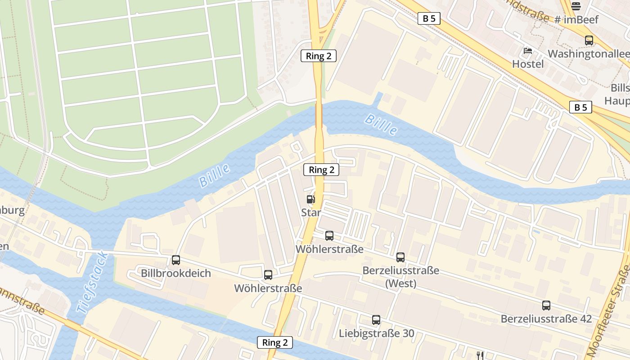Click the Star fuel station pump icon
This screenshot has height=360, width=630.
coord(310,199)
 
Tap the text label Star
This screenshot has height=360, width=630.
coord(311,212)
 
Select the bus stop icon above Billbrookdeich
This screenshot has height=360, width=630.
coord(176,260)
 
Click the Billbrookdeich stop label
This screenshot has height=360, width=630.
coord(176,273)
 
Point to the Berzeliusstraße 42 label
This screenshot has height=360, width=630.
coord(546,319)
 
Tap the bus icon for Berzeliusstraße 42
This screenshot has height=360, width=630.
coord(546,306)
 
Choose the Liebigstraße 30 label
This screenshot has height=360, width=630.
coord(377,333)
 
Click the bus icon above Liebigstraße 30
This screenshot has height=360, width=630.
coord(376,320)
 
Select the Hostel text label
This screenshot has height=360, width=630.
coord(528,64)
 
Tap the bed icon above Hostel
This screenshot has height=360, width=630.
coord(528,50)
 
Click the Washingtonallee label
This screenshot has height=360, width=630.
coord(589,54)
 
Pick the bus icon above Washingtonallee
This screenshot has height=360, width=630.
coord(589,40)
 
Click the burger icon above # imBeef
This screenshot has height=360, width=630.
coord(576,6)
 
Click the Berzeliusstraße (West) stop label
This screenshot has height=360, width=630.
coord(400,277)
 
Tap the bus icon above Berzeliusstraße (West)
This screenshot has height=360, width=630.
coord(400,257)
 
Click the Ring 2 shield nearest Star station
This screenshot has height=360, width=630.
coord(321,170)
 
